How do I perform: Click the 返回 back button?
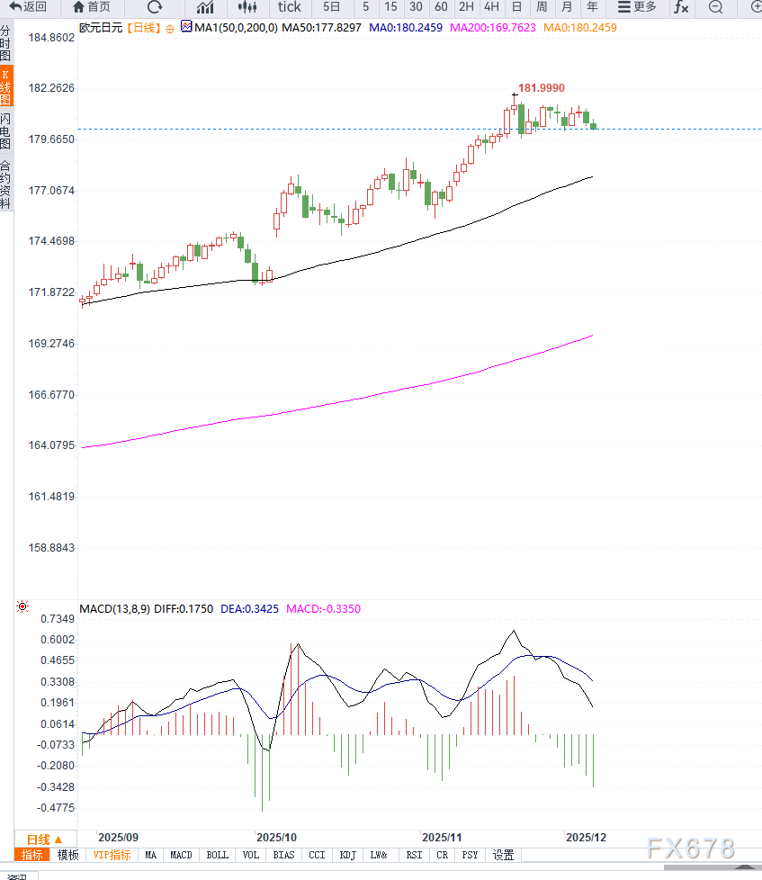(x=28, y=7)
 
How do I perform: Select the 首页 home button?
(x=92, y=7)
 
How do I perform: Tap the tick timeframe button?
(x=289, y=7)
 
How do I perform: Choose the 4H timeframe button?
(x=491, y=7)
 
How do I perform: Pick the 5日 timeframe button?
(x=331, y=7)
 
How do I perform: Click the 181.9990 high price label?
(x=542, y=87)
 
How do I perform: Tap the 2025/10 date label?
(x=276, y=837)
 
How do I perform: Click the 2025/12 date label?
(x=586, y=837)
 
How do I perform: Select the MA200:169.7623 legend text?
(x=492, y=28)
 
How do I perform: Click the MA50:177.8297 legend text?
(x=321, y=28)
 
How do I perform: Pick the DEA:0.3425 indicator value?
(x=250, y=609)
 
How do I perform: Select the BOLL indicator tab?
(x=217, y=855)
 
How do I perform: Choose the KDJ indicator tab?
(x=347, y=855)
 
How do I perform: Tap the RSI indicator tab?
(x=414, y=855)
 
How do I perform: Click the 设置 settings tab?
(x=503, y=855)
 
